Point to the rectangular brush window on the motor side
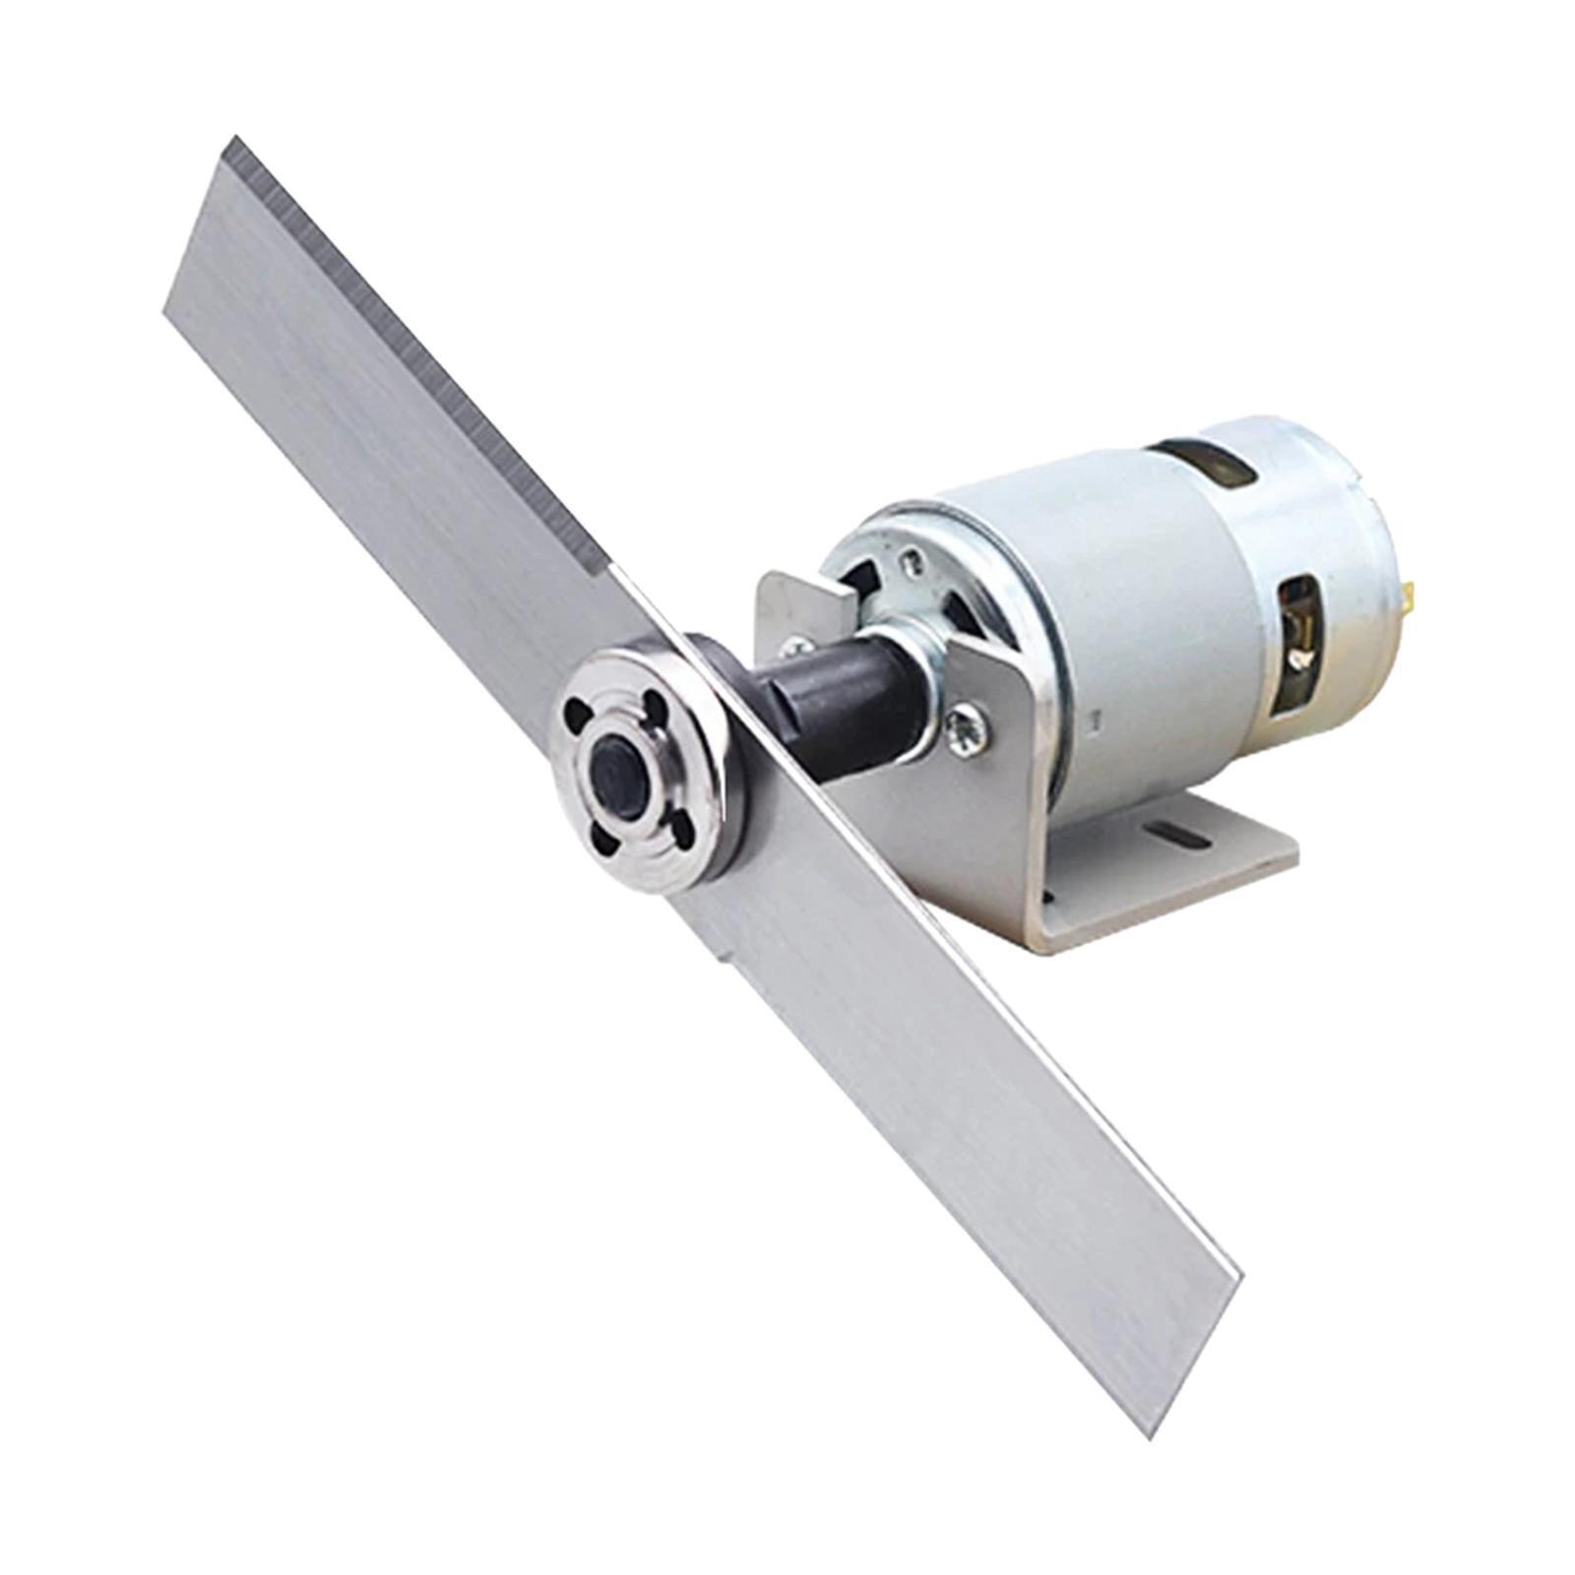[1299, 640]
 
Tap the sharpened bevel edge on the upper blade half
[413, 354]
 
